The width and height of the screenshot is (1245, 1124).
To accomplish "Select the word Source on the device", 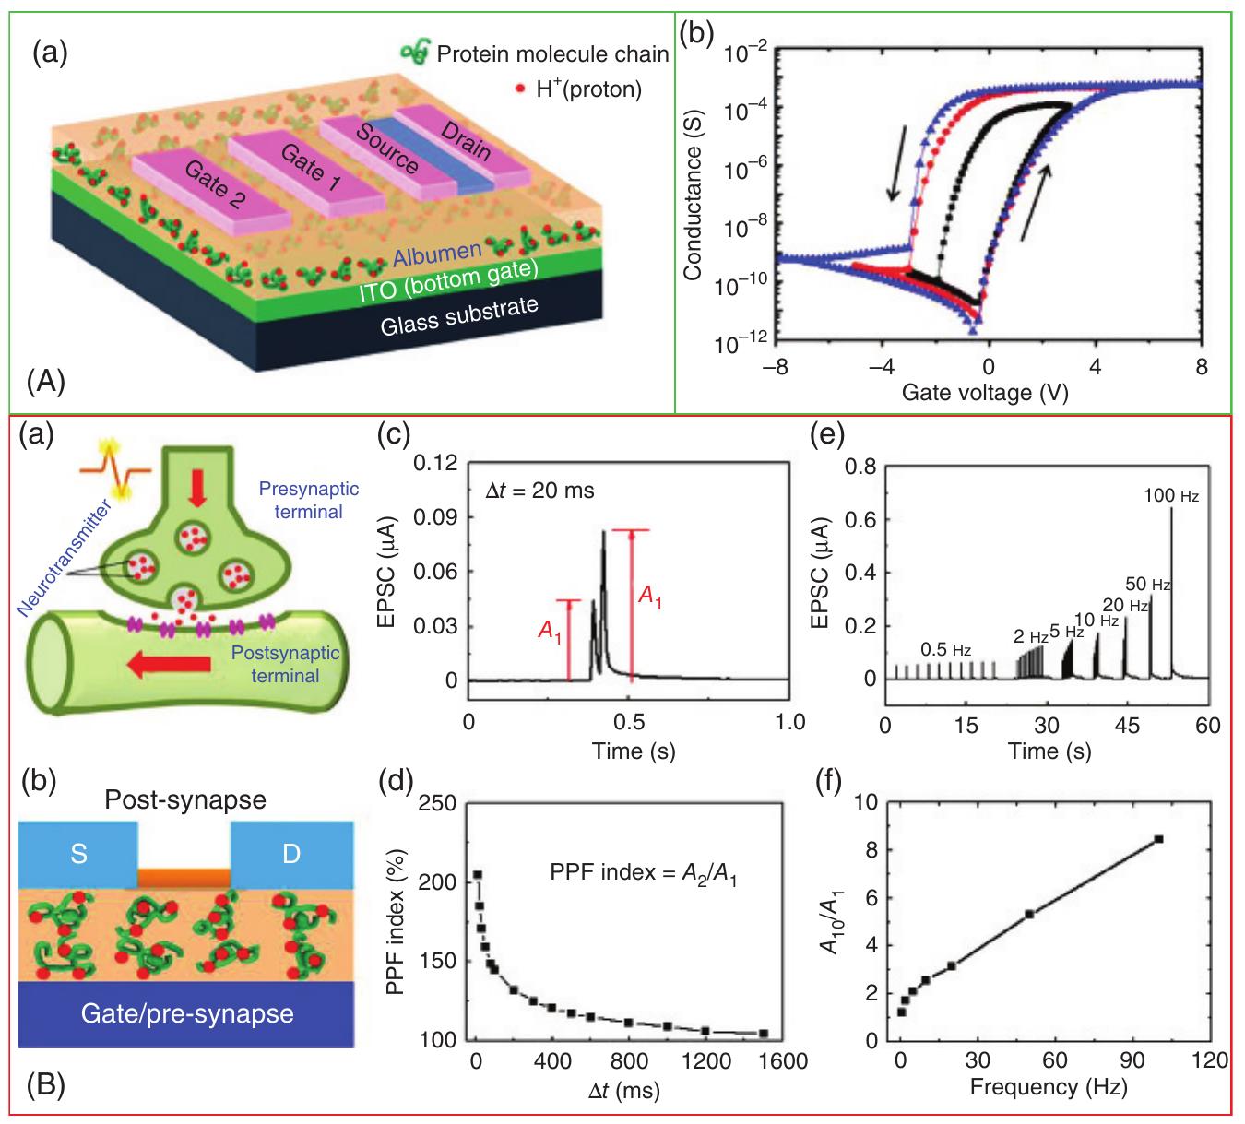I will [387, 147].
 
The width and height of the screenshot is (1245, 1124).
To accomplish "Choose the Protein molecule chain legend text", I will [552, 54].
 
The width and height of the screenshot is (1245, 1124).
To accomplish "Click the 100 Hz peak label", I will [1170, 496].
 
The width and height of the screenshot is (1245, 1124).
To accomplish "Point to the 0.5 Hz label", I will [946, 649].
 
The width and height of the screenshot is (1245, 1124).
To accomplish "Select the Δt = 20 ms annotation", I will [540, 491].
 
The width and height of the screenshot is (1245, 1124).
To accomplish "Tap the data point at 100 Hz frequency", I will [1159, 839].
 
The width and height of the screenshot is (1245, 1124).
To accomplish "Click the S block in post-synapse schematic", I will [78, 854].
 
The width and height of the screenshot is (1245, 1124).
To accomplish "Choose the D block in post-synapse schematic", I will [291, 854].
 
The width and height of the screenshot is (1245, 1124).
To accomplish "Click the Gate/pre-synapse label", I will [187, 1014].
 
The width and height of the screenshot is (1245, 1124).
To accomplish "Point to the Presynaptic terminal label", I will [309, 499].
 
